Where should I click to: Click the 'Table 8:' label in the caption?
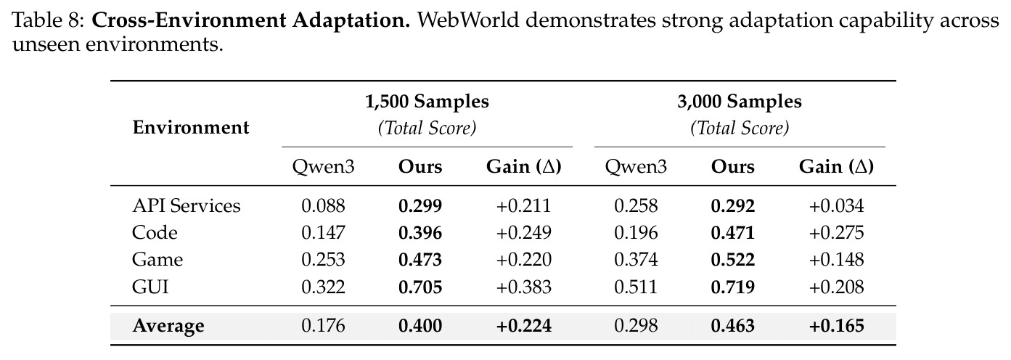click(49, 20)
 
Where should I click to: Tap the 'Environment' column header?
click(190, 128)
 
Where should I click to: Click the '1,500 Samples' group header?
click(427, 102)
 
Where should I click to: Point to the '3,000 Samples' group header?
click(740, 102)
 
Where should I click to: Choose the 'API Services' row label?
click(187, 206)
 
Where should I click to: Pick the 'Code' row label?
click(155, 233)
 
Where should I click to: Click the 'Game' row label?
click(157, 260)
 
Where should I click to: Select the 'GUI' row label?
click(150, 287)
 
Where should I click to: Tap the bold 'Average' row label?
click(168, 326)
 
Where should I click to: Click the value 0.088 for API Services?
click(323, 206)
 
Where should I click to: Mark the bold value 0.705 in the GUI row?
click(420, 287)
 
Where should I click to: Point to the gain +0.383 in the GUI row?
click(524, 287)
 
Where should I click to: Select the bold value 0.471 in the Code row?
click(733, 233)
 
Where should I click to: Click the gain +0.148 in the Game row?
click(837, 260)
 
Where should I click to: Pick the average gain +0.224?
click(524, 326)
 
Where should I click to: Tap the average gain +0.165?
click(837, 326)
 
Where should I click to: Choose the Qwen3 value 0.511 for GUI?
click(636, 287)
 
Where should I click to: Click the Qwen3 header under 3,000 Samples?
click(636, 167)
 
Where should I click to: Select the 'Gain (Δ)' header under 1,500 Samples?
click(524, 167)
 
